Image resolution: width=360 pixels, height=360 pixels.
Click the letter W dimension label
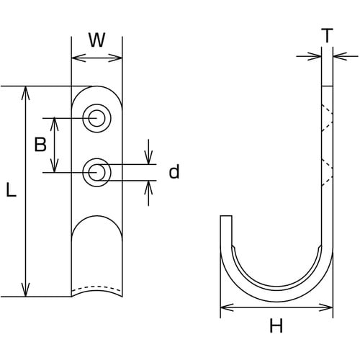pos(97,40)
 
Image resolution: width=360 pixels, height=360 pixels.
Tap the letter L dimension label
pos(11,189)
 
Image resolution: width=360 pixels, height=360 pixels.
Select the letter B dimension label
pos(40,145)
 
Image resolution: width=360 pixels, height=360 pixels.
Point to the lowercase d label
pos(174,171)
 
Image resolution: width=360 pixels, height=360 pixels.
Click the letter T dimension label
pos(327,35)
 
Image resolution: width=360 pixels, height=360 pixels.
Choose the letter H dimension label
pos(276,325)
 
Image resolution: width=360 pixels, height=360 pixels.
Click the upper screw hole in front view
pos(96,118)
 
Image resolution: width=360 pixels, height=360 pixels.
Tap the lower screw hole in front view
pos(96,172)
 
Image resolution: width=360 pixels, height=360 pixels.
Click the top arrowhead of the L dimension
pos(25,93)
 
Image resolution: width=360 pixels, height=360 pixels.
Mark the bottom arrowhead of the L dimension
pos(25,289)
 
